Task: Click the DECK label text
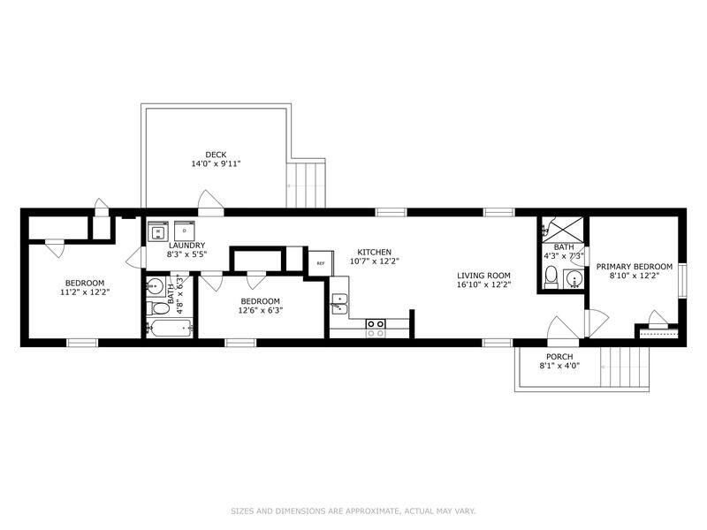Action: (216, 155)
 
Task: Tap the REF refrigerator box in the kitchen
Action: (320, 263)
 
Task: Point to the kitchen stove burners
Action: (376, 329)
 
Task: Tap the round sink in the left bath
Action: (155, 285)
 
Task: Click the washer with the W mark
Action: (158, 231)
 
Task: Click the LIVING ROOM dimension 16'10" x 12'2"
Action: (483, 285)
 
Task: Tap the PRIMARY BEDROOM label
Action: (634, 266)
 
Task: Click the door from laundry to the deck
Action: (210, 203)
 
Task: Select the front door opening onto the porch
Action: (563, 328)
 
